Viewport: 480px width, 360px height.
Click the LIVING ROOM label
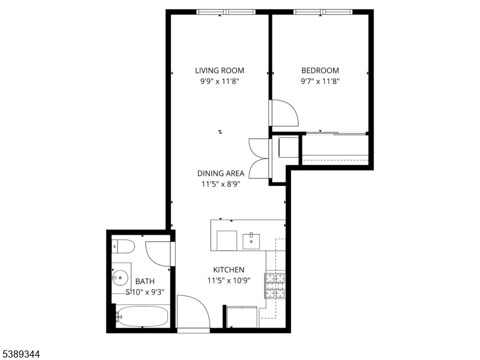[x=220, y=70]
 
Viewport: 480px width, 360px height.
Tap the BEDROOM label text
[x=320, y=70]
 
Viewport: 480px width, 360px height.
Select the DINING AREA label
[x=221, y=173]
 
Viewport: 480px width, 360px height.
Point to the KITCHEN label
[x=229, y=269]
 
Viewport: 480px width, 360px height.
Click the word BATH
[x=145, y=281]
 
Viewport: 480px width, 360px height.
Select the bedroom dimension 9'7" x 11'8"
[x=320, y=82]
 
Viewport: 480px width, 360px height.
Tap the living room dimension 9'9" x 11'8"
[x=220, y=82]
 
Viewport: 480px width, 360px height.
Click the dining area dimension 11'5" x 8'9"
[x=221, y=184]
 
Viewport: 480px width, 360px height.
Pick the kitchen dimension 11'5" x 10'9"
[x=229, y=280]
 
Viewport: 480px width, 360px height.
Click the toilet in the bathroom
[x=123, y=247]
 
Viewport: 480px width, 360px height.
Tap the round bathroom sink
[x=120, y=278]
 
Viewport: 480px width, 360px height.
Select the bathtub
[x=142, y=317]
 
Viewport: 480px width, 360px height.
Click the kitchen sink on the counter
[x=251, y=241]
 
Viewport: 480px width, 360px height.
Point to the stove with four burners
[x=275, y=286]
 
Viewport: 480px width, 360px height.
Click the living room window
[x=226, y=12]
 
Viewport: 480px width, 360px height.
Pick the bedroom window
[x=323, y=12]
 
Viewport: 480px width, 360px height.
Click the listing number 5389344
[x=20, y=354]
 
